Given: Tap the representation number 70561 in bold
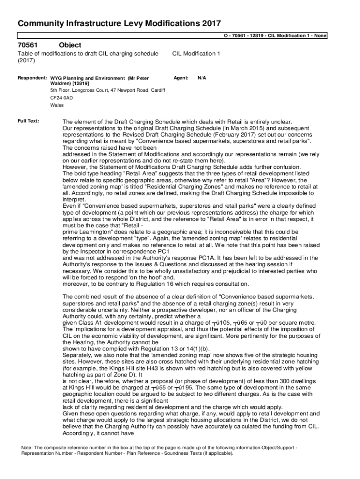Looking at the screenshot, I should (x=28, y=45).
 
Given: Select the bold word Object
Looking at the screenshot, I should (x=70, y=45).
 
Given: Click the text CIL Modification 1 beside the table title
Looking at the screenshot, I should (x=196, y=54).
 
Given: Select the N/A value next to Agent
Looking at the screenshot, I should (x=202, y=78).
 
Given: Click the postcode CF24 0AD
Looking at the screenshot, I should (x=62, y=98).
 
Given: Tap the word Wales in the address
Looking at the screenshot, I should (x=57, y=105).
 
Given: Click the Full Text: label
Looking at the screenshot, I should (x=29, y=121).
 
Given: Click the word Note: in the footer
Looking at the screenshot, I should (x=27, y=448).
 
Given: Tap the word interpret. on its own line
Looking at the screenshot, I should (x=74, y=199).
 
